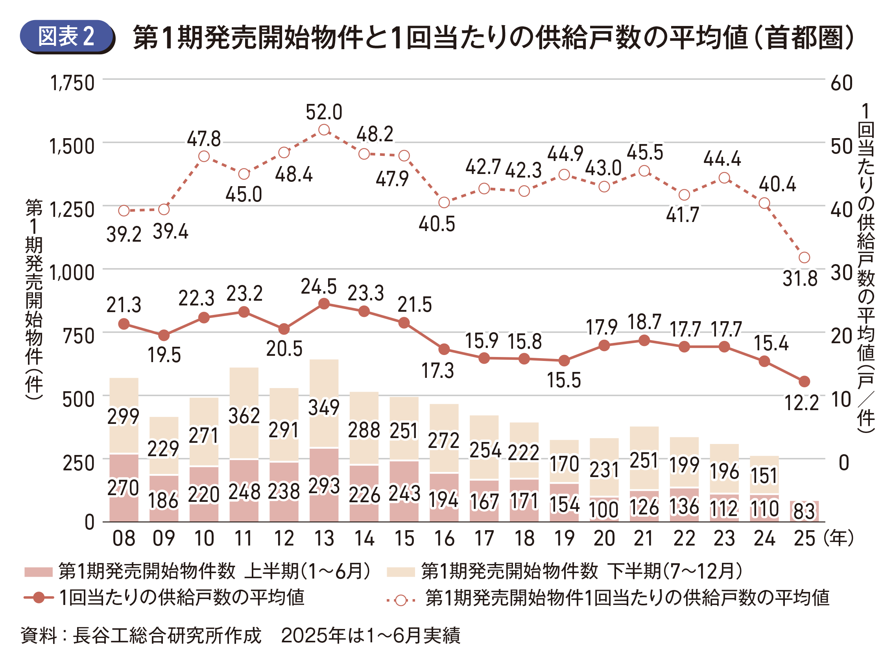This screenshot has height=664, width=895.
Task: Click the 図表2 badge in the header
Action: pyautogui.click(x=67, y=37)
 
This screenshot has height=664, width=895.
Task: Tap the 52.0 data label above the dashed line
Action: pyautogui.click(x=324, y=112)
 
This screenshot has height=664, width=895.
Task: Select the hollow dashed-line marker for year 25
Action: pyautogui.click(x=804, y=258)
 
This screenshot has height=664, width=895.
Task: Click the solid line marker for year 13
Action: pyautogui.click(x=324, y=304)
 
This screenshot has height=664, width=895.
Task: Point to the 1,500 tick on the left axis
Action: pyautogui.click(x=72, y=146)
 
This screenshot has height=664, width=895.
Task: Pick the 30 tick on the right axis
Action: pyautogui.click(x=841, y=273)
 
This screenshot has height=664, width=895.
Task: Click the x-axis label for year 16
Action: pyautogui.click(x=444, y=538)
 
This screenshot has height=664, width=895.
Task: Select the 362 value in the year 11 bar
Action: pyautogui.click(x=244, y=416)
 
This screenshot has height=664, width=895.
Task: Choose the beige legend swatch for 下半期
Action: pyautogui.click(x=400, y=572)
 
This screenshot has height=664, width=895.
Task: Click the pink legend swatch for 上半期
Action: pyautogui.click(x=38, y=572)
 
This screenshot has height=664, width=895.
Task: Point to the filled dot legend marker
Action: pyautogui.click(x=39, y=598)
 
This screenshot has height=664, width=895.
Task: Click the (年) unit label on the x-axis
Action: pyautogui.click(x=838, y=538)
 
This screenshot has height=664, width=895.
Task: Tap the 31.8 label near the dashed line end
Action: pyautogui.click(x=800, y=279)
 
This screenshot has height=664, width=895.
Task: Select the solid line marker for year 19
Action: pyautogui.click(x=564, y=361)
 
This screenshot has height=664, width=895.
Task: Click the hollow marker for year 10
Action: pyautogui.click(x=204, y=156)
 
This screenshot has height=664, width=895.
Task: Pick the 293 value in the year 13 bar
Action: pyautogui.click(x=324, y=486)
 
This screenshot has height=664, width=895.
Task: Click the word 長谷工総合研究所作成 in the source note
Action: pyautogui.click(x=167, y=635)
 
